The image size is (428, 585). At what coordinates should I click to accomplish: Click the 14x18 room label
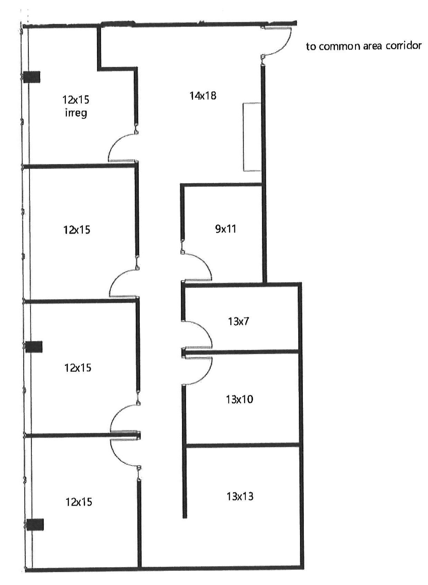click(x=203, y=95)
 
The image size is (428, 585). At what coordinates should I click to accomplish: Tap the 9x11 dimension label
click(x=226, y=229)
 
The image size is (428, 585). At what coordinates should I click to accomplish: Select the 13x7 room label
click(x=238, y=321)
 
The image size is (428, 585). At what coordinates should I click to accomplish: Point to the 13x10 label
click(x=239, y=399)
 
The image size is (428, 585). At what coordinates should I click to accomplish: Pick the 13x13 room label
click(x=240, y=496)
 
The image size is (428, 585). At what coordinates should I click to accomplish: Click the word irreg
click(x=76, y=113)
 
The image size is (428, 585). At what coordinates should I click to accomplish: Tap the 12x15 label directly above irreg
click(x=76, y=100)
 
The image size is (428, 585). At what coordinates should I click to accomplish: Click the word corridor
click(x=403, y=45)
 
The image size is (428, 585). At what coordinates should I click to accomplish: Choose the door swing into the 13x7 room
click(x=201, y=333)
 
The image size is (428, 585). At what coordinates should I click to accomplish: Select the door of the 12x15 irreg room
click(x=120, y=147)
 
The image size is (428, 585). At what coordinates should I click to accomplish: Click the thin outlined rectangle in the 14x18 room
click(x=251, y=137)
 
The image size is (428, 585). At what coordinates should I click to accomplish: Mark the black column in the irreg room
click(x=32, y=77)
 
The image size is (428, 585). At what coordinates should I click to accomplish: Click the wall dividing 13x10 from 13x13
click(x=243, y=445)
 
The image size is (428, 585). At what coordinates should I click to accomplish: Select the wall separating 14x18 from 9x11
click(x=222, y=185)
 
